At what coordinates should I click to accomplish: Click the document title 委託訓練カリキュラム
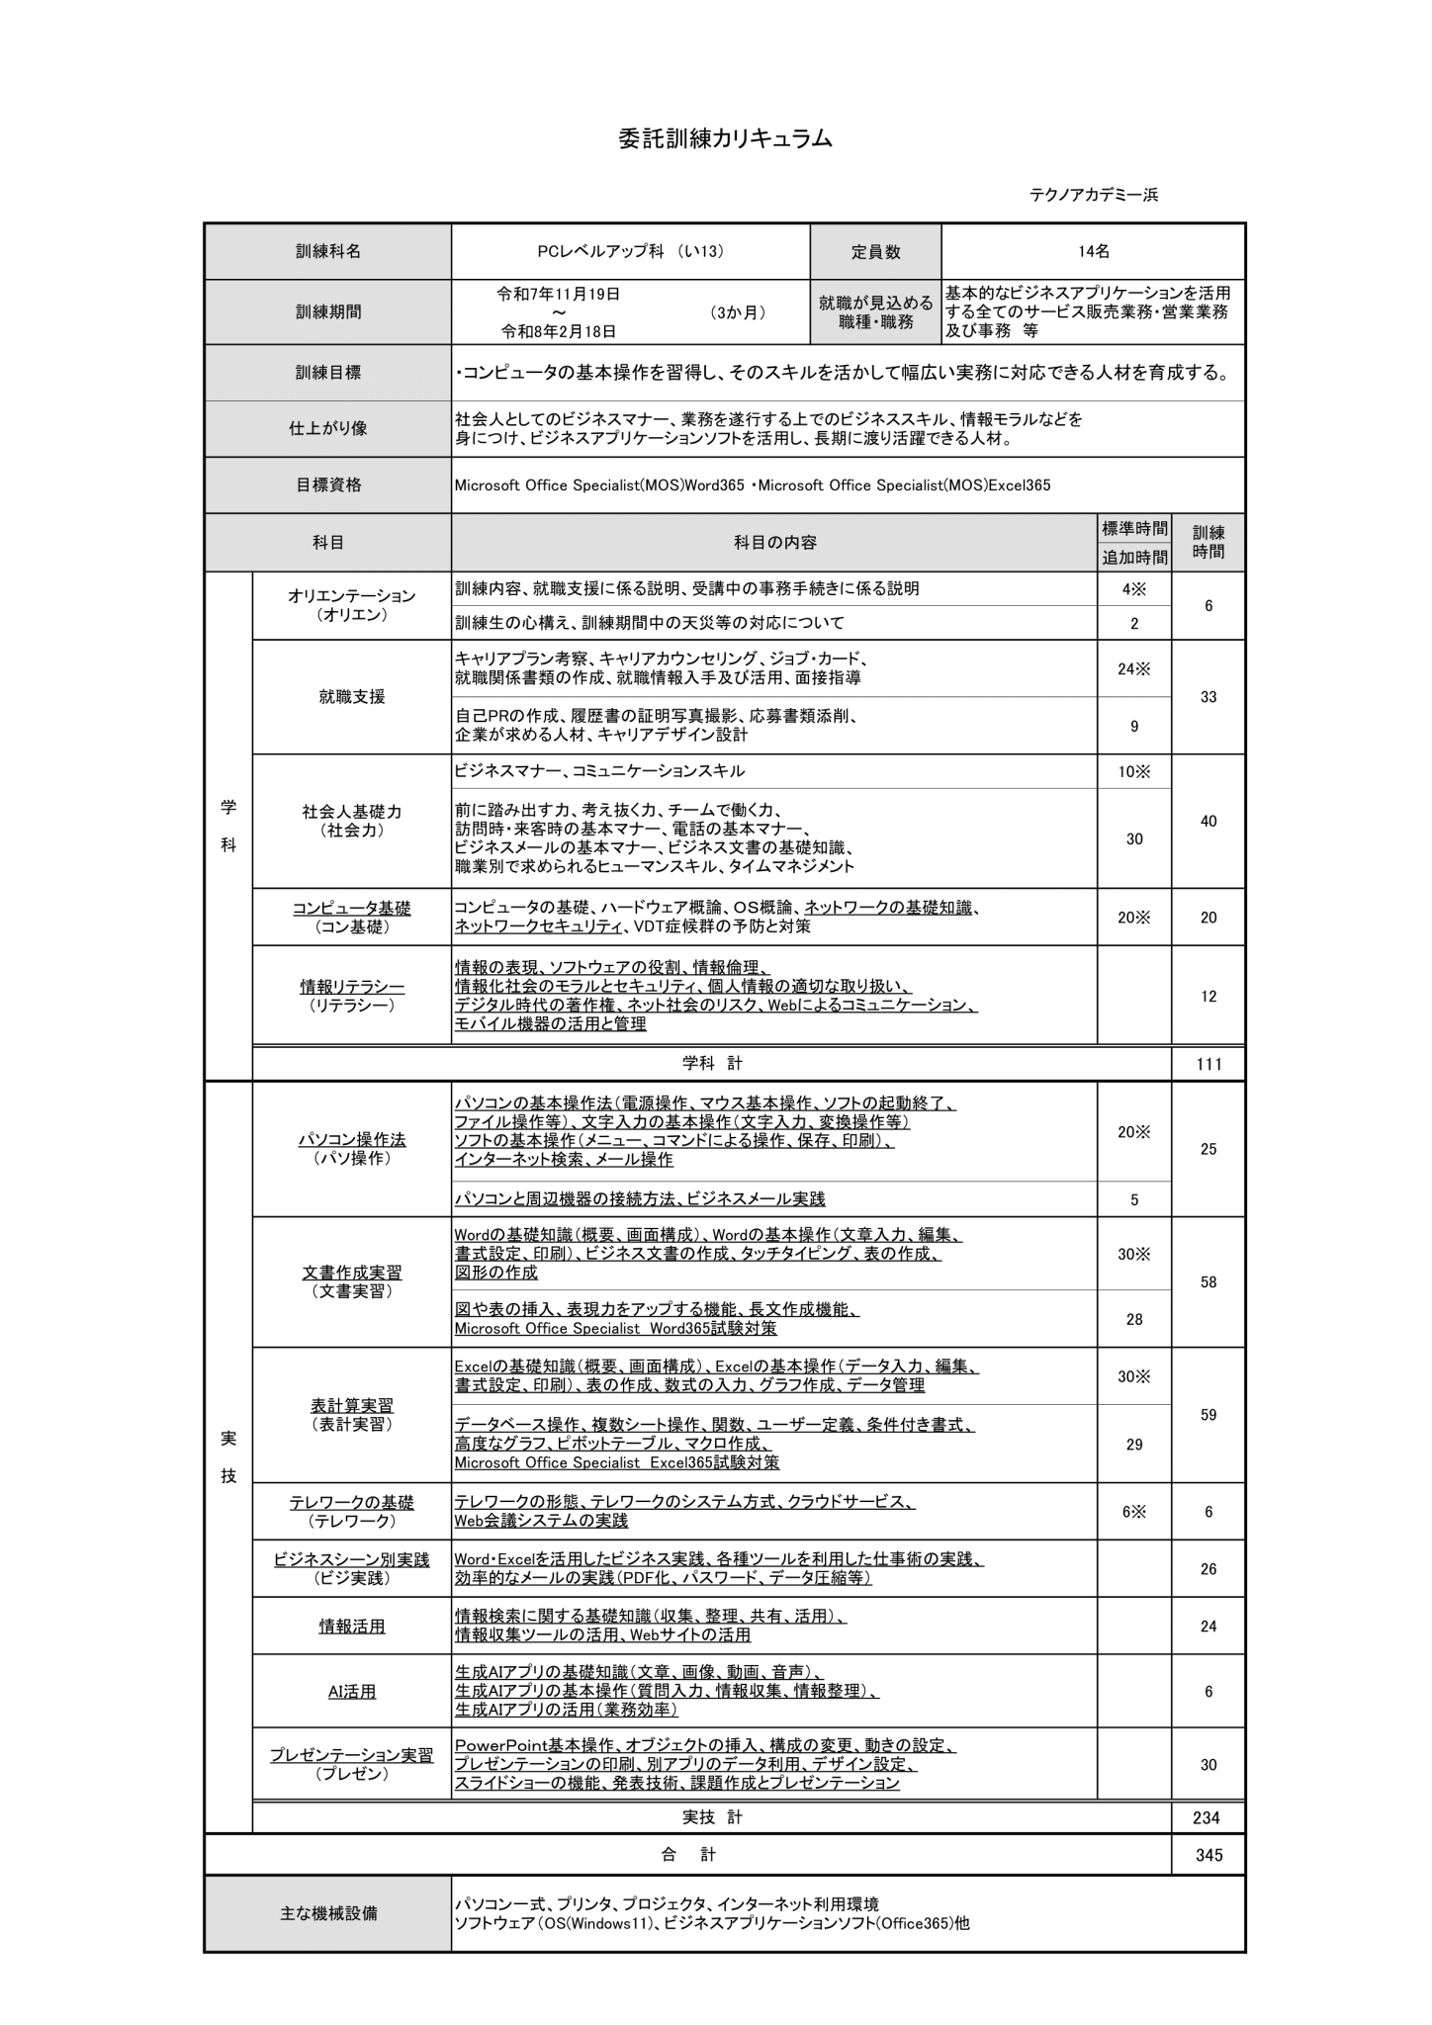pos(725,139)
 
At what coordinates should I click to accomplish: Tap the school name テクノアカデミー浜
pos(1093,195)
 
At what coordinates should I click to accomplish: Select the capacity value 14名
pos(1093,252)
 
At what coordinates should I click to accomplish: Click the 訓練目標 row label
pos(328,373)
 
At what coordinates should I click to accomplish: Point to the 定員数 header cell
pos(875,252)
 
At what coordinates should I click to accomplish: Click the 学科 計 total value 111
pos(1208,1064)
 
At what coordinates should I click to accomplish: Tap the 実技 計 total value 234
pos(1208,1817)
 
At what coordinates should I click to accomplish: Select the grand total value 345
pos(1208,1855)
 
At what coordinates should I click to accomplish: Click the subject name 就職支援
pos(352,697)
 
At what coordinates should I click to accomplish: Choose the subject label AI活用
pos(352,1692)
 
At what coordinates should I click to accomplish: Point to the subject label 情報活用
pos(352,1627)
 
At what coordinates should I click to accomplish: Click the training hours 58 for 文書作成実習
pos(1208,1282)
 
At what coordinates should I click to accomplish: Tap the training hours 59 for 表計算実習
pos(1208,1415)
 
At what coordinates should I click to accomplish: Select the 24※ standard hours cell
pos(1134,669)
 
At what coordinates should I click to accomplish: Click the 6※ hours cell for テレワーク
pos(1134,1512)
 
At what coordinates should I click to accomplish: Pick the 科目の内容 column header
pos(774,542)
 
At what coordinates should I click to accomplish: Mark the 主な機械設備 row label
pos(328,1913)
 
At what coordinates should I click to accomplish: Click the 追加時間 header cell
pos(1134,558)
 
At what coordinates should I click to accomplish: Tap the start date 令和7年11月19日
pos(559,294)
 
